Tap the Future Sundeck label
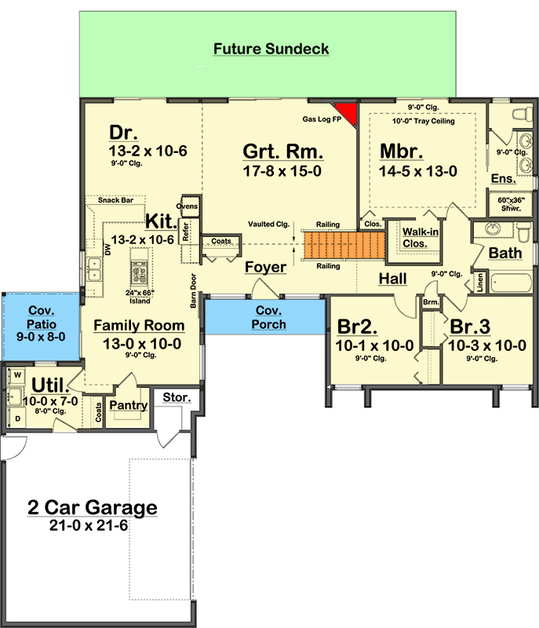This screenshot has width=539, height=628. pos(271,49)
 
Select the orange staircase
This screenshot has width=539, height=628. pos(344,245)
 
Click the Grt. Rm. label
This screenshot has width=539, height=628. pos(283,152)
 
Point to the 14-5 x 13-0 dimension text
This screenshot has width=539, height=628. pos(417,171)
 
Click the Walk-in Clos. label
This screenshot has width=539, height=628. pos(421,238)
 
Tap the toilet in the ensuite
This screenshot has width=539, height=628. pos(523,114)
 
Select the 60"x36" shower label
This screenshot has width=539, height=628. pos(511,204)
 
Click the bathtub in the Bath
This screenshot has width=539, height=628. pos(511,283)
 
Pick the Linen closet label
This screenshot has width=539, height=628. pos(480,283)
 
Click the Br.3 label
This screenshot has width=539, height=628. pos(470,327)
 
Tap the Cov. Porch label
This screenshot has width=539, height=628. pos(268,317)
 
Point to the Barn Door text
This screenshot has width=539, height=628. pos(193,290)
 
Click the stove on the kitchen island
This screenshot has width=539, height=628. pos(140,272)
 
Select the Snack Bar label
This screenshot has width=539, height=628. pos(115,200)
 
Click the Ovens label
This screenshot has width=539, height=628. pos(188,206)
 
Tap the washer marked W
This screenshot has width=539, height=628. pos(17,375)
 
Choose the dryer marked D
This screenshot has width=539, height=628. pos(17,418)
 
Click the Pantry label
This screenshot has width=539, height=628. pos(128,405)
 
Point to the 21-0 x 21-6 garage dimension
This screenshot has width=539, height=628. pos(89,525)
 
